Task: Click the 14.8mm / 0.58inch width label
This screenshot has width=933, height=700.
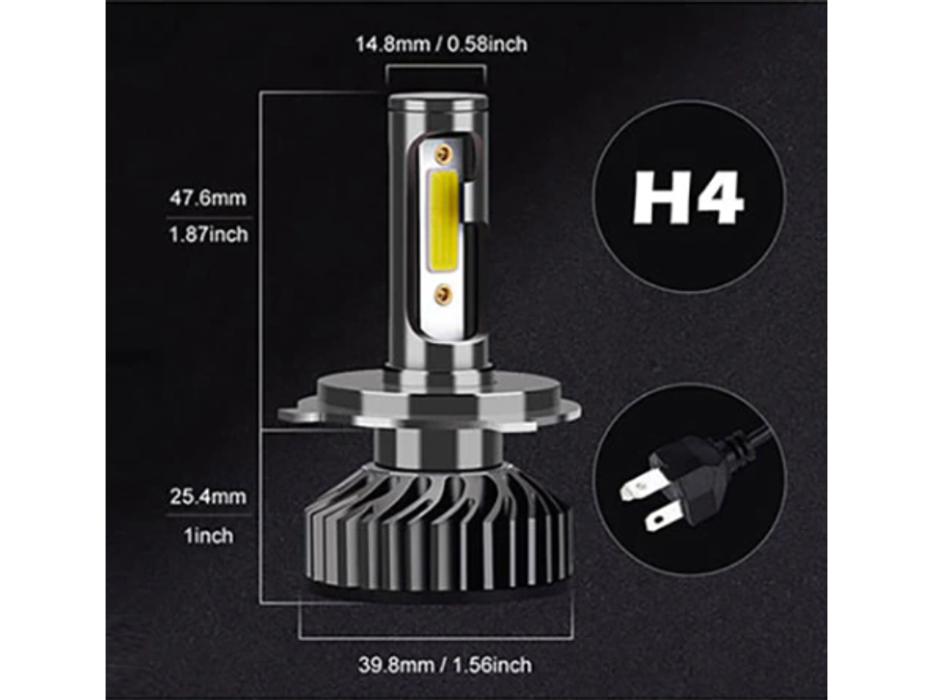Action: pyautogui.click(x=440, y=43)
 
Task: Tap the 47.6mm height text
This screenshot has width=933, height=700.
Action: pyautogui.click(x=207, y=198)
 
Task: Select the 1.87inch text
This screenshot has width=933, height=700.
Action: pyautogui.click(x=207, y=235)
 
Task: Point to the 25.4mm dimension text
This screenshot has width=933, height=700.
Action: pyautogui.click(x=207, y=497)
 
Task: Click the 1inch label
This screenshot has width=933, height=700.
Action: pyautogui.click(x=207, y=535)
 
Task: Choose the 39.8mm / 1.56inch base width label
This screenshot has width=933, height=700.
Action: pyautogui.click(x=444, y=664)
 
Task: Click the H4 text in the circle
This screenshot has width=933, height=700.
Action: pyautogui.click(x=688, y=197)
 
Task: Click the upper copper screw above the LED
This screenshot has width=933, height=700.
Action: pyautogui.click(x=443, y=153)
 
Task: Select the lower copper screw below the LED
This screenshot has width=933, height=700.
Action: pyautogui.click(x=443, y=294)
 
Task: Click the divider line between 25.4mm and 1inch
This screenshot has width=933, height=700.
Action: pyautogui.click(x=207, y=516)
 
